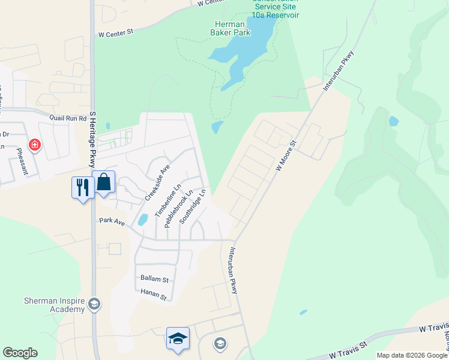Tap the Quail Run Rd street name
tap(68, 118)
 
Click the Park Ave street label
tap(112, 221)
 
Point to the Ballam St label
tap(155, 279)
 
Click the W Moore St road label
tap(286, 157)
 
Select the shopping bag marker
tap(104, 182)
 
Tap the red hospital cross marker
tap(35, 145)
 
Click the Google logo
tap(20, 353)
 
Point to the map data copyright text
tap(412, 355)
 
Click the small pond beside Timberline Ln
tap(143, 220)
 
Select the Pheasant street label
tap(19, 160)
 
